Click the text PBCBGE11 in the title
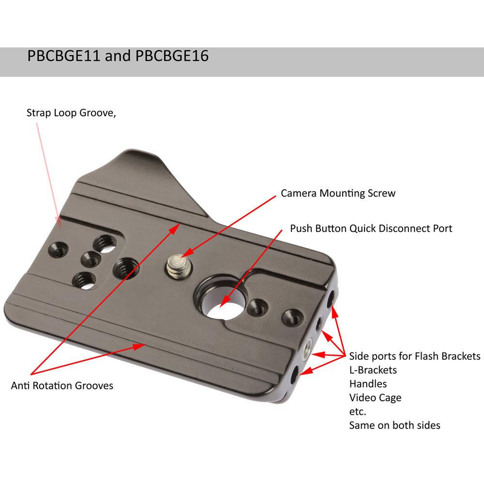[x=64, y=57]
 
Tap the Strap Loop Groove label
[x=72, y=113]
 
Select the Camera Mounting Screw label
[x=338, y=193]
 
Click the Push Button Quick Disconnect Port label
[x=371, y=228]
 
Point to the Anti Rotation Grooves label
[x=62, y=386]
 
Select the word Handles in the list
[x=368, y=384]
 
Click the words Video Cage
[x=375, y=398]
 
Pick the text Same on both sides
[x=394, y=425]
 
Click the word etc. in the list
[x=358, y=412]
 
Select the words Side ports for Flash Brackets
[x=414, y=356]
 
